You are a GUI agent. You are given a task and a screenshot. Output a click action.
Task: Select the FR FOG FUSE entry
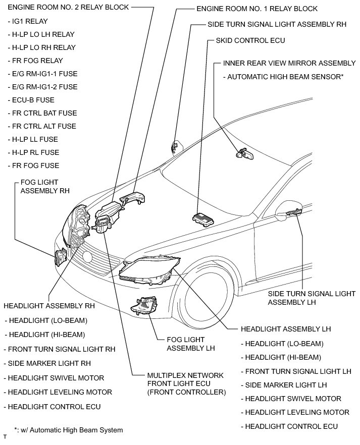(33, 165)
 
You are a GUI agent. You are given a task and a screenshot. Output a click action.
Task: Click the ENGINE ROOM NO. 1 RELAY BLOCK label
(256, 9)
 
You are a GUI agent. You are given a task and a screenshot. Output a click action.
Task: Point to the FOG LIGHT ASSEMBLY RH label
(44, 186)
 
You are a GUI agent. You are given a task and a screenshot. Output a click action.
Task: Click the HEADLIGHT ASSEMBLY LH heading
(285, 329)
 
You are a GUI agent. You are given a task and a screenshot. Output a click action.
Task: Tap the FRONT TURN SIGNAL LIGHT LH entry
(297, 371)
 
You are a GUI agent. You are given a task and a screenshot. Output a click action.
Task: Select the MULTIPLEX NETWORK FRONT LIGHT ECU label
(186, 384)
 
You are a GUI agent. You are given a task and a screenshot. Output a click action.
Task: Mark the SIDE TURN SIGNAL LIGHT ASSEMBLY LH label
(312, 298)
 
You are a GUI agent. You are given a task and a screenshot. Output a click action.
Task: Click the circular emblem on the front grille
(87, 257)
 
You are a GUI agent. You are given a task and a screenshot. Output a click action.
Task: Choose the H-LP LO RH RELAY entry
(42, 47)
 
